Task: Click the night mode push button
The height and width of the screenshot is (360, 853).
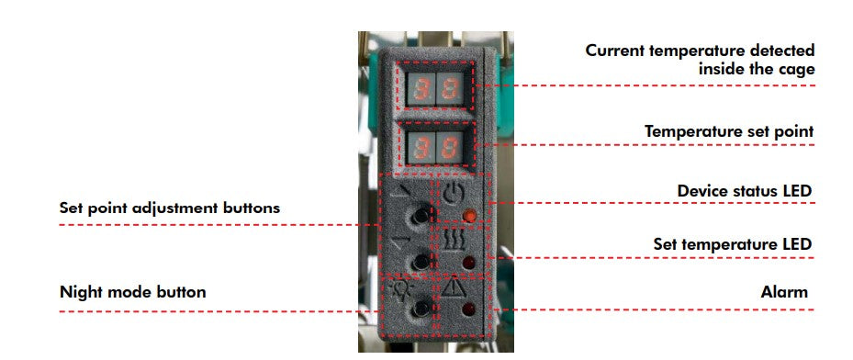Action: [x=420, y=308]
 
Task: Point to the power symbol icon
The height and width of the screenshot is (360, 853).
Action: [x=451, y=194]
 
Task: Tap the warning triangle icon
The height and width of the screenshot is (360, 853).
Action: [x=451, y=290]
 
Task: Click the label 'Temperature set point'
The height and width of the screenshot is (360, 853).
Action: [x=729, y=131]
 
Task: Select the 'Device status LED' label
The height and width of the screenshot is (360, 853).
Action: [x=745, y=191]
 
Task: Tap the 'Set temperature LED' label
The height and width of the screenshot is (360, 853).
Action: [x=733, y=244]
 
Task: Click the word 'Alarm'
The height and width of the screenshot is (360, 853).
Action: [x=784, y=292]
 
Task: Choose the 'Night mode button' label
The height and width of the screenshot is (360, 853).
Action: [x=133, y=292]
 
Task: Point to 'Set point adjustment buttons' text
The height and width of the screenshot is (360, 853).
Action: [x=170, y=208]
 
